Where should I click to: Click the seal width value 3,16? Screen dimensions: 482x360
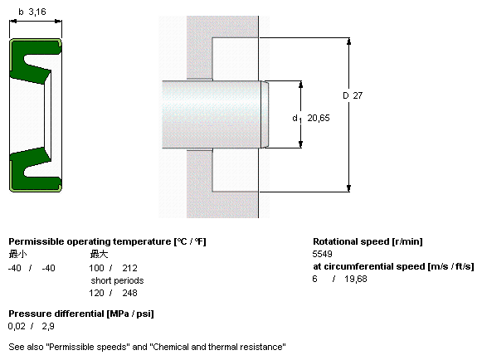point(37,12)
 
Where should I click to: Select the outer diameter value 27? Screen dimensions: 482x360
point(358,95)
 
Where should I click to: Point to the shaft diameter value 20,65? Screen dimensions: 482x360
point(319,118)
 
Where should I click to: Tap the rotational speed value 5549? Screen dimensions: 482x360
point(322,254)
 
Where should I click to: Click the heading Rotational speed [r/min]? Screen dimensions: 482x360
point(368,241)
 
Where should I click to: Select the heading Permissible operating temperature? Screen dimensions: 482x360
point(90,241)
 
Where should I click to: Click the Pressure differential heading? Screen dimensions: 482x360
point(56,314)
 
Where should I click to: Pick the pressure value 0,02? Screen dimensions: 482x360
point(17,326)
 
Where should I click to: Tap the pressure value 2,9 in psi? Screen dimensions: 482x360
point(48,326)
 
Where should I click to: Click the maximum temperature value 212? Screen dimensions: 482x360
point(129,268)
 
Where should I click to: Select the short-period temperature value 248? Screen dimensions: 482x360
point(129,293)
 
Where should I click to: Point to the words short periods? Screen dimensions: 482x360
point(117,280)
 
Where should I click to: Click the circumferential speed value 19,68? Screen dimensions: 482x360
point(356,279)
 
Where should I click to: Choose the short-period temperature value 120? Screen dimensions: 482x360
point(96,293)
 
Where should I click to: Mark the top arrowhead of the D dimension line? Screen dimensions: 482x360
point(348,41)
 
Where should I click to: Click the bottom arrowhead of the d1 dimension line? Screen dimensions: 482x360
point(300,144)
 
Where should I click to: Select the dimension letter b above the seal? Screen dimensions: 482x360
point(21,12)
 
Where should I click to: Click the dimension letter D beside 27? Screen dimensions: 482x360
point(346,95)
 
